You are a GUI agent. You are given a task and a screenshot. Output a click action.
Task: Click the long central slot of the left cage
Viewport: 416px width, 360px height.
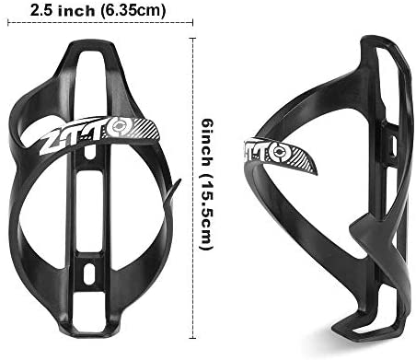click(x=91, y=193)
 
